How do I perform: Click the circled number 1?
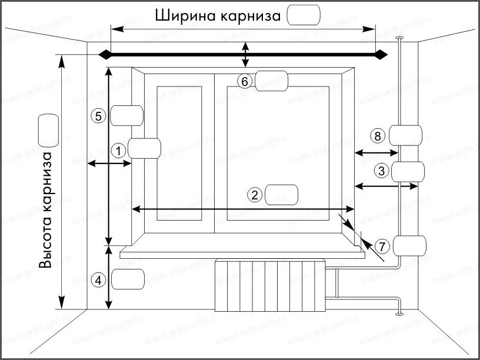point(119,151)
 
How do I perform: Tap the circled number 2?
point(255,195)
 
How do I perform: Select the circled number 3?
point(381,172)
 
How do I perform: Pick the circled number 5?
point(99,116)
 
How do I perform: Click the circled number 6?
point(245,81)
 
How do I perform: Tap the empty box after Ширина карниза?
point(304,15)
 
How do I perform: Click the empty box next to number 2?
point(281,195)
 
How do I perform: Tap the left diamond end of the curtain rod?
point(104,55)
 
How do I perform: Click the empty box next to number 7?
point(408,245)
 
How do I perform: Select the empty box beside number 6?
point(271,80)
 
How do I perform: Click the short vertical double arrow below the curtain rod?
point(246,56)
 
